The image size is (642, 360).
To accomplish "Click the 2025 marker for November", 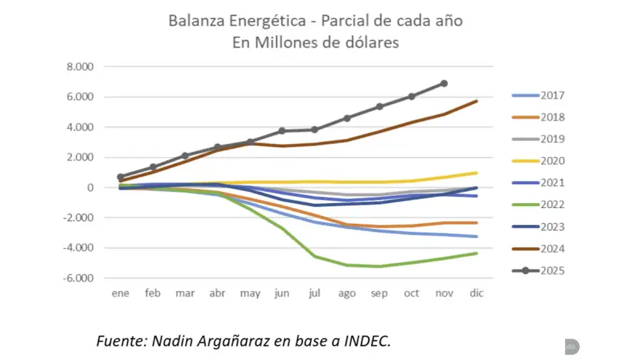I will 444,83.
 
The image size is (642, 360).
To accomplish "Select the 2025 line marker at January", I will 121,177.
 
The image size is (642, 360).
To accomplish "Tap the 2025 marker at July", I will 315,130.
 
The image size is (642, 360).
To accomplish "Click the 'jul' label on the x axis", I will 315,293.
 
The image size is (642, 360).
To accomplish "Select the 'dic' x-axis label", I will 476,293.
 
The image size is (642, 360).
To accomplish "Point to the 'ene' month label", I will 121,293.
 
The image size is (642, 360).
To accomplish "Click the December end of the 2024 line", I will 476,101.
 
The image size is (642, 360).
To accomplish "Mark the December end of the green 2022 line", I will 476,253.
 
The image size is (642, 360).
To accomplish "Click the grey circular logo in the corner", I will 571,346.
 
